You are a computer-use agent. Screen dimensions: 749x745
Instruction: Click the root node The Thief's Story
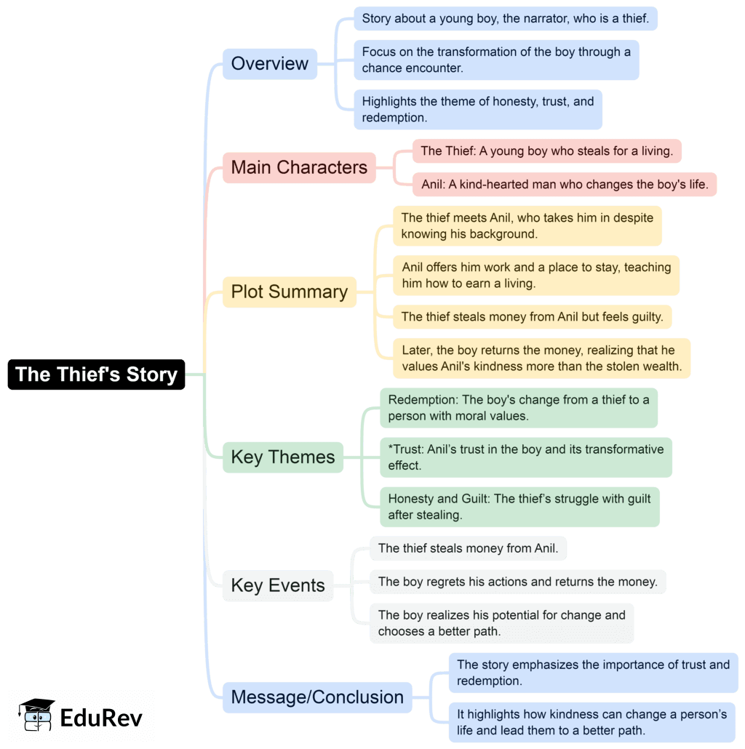pos(96,374)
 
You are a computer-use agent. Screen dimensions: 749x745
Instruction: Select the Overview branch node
pos(269,64)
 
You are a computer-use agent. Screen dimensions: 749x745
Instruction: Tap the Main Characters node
pos(299,167)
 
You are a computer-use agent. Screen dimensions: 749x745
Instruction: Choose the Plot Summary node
pos(289,292)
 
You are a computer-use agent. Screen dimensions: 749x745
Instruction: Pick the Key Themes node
pos(282,457)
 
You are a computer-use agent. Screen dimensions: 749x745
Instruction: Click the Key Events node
pos(277,585)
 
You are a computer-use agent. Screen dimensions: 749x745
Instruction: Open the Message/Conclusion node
pos(316,697)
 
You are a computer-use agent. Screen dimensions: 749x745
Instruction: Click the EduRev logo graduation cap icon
pos(37,715)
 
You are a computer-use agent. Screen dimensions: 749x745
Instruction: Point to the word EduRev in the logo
pos(101,718)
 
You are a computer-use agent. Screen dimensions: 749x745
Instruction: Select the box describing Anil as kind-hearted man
pos(565,185)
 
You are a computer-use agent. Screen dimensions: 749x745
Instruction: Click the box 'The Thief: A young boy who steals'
pos(546,151)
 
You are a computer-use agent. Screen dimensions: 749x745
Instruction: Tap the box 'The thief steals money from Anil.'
pos(468,548)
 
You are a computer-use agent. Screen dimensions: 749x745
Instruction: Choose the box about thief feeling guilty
pos(532,316)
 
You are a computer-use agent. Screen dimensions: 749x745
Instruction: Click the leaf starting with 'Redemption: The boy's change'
pos(518,408)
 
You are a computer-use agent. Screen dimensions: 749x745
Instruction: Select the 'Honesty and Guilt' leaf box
pos(519,507)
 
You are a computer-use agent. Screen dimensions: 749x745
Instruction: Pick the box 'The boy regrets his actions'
pos(517,582)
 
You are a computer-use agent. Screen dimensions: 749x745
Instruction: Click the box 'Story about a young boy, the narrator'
pos(505,19)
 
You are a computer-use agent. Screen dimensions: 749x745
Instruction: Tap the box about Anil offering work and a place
pos(536,276)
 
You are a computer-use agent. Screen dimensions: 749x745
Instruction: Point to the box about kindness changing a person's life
pos(591,722)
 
